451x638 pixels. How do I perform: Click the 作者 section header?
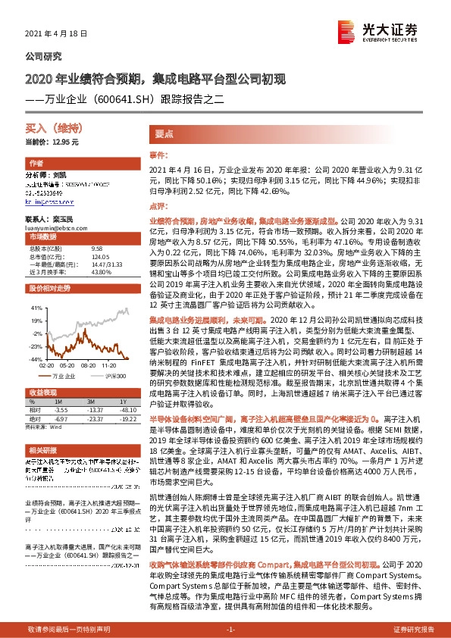click(x=36, y=164)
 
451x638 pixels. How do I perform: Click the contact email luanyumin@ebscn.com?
click(x=54, y=227)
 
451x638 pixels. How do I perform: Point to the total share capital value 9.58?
click(x=96, y=249)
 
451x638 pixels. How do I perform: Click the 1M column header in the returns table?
click(x=74, y=401)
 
